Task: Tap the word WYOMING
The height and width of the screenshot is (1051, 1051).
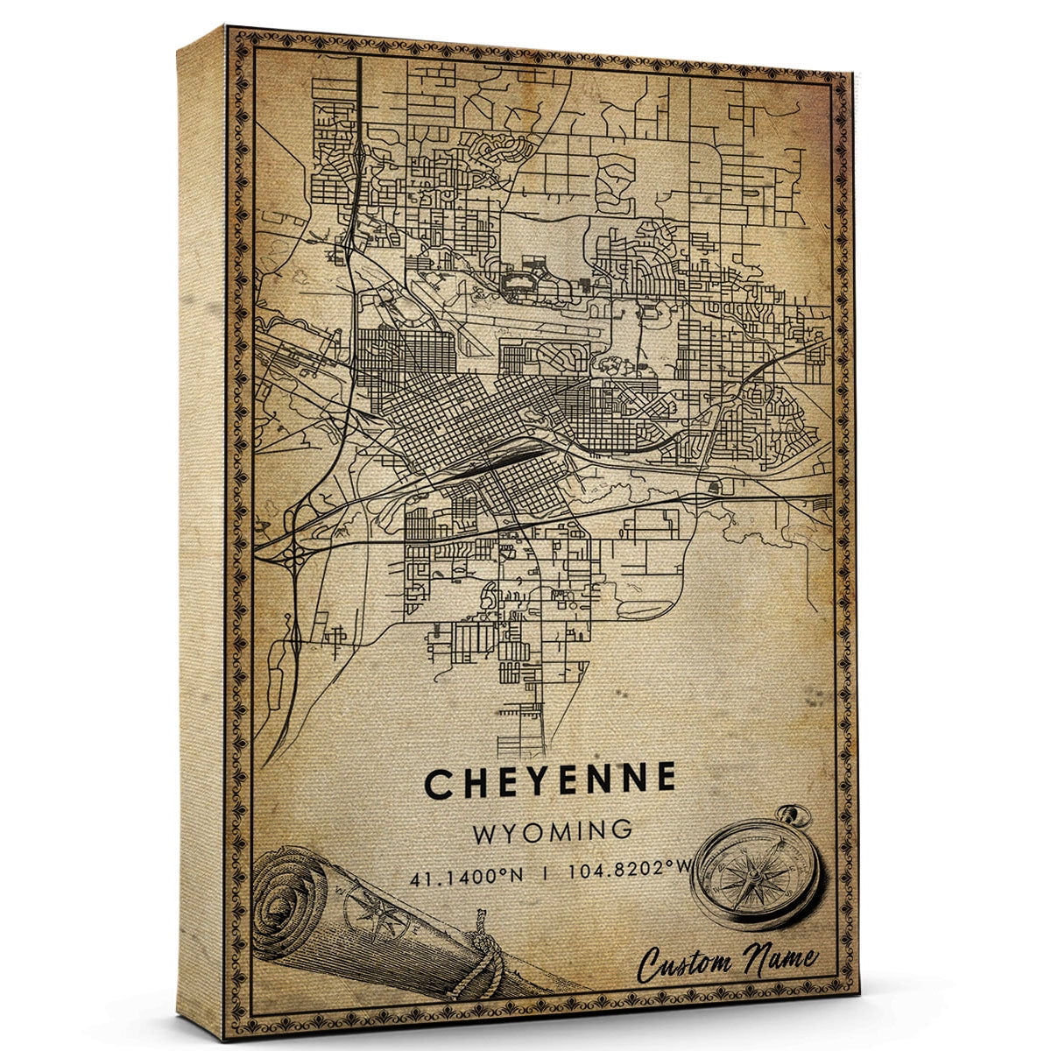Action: pyautogui.click(x=553, y=831)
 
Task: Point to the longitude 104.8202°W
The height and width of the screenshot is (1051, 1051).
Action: pyautogui.click(x=618, y=872)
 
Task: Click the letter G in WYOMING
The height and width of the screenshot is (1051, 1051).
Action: pyautogui.click(x=621, y=831)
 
